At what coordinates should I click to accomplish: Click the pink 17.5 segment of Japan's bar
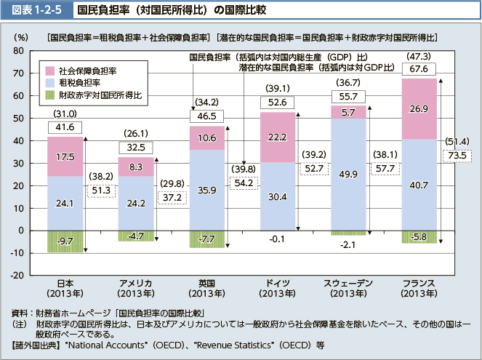[x=65, y=156]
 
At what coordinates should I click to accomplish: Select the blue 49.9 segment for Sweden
[x=348, y=175]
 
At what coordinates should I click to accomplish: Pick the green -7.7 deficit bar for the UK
[x=206, y=239]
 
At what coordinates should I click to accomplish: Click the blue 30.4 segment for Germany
[x=278, y=196]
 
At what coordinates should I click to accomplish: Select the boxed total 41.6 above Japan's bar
[x=65, y=127]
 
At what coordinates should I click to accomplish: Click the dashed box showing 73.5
[x=458, y=156]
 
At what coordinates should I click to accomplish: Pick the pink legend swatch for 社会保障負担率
[x=49, y=71]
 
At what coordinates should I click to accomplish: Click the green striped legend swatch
[x=49, y=95]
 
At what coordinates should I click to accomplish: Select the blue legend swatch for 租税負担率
[x=49, y=83]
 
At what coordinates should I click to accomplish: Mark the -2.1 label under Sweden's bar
[x=348, y=244]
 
